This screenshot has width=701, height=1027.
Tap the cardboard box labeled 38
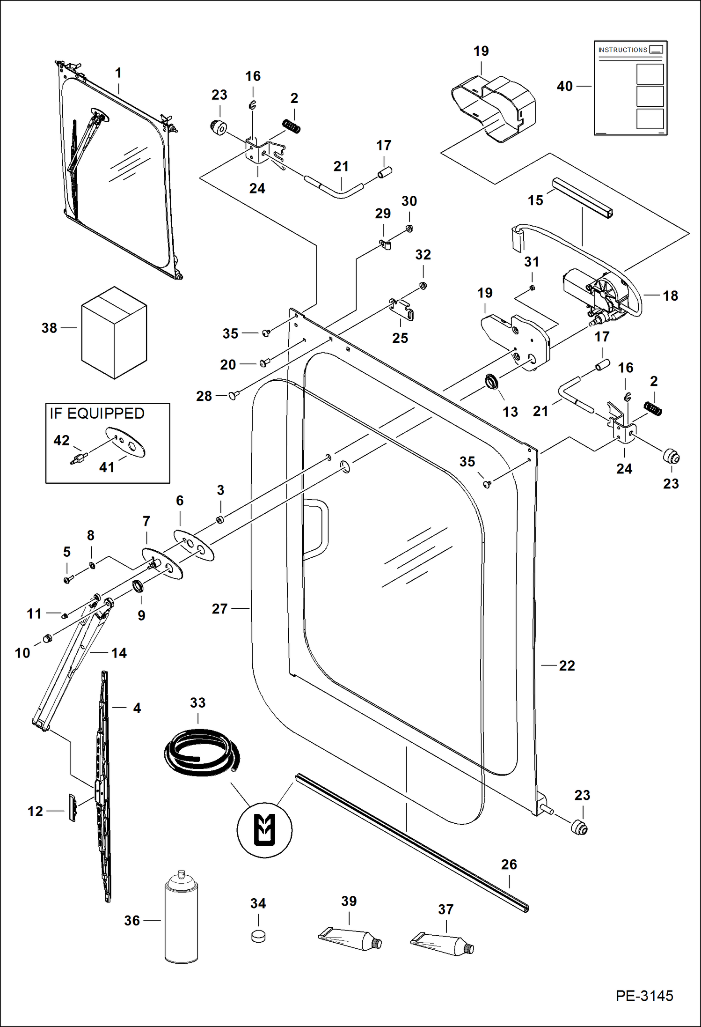coord(114,333)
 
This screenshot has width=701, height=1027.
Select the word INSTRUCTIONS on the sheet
coord(622,50)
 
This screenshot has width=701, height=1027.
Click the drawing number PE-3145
coord(644,995)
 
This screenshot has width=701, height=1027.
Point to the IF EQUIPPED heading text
coord(97,414)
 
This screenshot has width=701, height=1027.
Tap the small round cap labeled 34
coord(258,936)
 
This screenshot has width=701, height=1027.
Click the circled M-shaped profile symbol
coord(264,830)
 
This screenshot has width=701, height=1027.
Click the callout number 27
coord(219,608)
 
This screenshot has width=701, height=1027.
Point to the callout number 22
coord(567,665)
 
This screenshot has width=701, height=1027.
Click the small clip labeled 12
coord(73,807)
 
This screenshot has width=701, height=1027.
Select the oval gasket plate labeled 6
coord(194,545)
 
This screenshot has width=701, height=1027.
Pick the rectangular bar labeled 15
coord(582,198)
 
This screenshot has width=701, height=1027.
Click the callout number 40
coord(564,86)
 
